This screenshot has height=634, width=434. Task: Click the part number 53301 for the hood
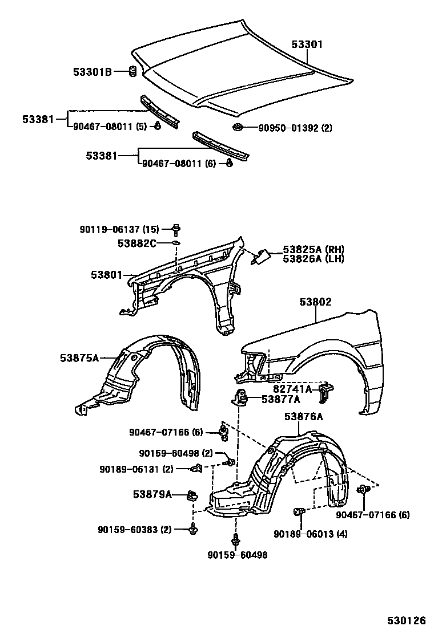pos(307,43)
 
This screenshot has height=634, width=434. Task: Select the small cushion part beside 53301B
pos(130,71)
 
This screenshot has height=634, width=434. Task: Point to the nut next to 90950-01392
pos(238,127)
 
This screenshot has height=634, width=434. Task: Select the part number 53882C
pos(137,243)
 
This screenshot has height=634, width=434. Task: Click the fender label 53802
pos(312,302)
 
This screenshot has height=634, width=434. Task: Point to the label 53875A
pos(79,357)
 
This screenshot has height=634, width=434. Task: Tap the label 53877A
pos(280,400)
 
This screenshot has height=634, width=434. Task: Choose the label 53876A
pos(303,417)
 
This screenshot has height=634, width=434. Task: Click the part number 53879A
pos(152,494)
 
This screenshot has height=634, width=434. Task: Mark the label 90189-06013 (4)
pos(310,534)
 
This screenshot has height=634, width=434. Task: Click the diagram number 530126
pos(405,620)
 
